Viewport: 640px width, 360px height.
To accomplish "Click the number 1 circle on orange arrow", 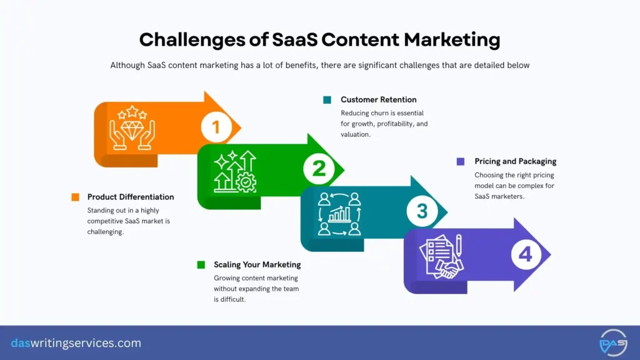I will (216, 127).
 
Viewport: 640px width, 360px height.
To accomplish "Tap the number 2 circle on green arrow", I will (319, 169).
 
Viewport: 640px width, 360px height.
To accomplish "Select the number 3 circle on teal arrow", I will (422, 211).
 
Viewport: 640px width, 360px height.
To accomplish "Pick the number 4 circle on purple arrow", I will (526, 254).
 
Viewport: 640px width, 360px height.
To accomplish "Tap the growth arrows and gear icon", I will (235, 171).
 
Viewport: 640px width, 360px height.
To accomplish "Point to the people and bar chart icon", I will (339, 213).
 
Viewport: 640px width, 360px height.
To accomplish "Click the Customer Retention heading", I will (378, 100).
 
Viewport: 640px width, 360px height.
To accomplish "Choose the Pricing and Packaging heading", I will (515, 161).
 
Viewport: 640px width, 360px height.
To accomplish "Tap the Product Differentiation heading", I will (131, 197).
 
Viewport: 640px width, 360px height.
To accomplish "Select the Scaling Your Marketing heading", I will (257, 264).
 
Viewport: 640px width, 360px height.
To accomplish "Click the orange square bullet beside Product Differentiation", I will (75, 197).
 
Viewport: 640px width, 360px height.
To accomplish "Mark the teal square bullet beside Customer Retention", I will (327, 100).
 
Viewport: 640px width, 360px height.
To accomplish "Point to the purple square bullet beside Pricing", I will (461, 161).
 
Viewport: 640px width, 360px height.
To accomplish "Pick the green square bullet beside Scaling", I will (201, 264).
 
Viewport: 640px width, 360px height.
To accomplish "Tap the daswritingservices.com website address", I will (76, 343).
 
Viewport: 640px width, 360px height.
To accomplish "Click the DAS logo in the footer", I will (612, 342).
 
